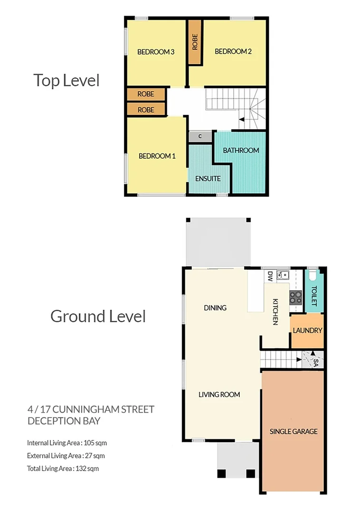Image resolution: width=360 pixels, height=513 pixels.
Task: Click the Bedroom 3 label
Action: [x=156, y=52]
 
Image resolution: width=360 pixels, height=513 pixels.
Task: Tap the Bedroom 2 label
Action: [x=233, y=51]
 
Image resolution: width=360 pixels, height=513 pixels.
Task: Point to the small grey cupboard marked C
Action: [x=200, y=136]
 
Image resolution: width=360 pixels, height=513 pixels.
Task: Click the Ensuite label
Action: [x=208, y=179]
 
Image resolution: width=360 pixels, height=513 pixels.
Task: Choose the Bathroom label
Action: [x=241, y=150]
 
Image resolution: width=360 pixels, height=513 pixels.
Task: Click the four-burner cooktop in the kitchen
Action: [x=296, y=296]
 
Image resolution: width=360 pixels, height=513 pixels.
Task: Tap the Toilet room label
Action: [x=313, y=295]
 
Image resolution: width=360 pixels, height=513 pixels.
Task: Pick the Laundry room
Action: [x=307, y=331]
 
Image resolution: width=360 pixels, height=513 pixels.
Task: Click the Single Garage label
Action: [x=293, y=431]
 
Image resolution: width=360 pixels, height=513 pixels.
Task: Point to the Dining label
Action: [x=215, y=308]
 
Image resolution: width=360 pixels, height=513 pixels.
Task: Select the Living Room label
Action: [x=219, y=394]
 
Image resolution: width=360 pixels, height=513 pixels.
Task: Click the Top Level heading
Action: [x=66, y=80]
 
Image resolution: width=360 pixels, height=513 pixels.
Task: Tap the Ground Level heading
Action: [x=98, y=316]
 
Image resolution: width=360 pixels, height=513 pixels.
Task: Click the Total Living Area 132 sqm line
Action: [x=63, y=468]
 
